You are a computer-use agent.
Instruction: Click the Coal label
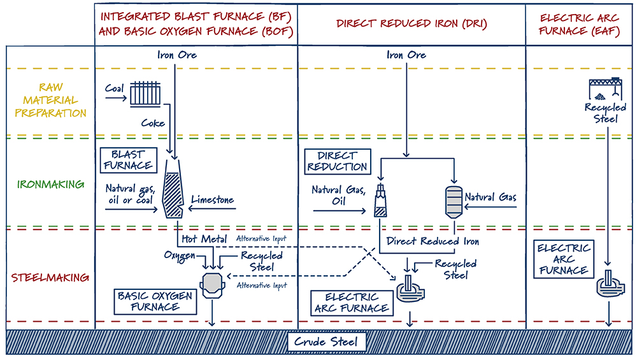[x=115, y=90]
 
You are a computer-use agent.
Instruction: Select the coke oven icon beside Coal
[x=147, y=94]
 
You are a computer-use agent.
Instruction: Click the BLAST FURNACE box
[x=128, y=160]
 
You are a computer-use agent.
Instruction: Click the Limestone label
[x=213, y=200]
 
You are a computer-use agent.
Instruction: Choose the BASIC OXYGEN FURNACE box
[x=147, y=301]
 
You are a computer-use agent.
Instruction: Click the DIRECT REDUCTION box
[x=338, y=161]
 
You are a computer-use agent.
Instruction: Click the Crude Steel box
[x=326, y=342]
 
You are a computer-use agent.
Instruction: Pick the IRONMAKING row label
[x=51, y=185]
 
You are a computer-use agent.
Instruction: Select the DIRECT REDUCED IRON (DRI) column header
[x=412, y=24]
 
